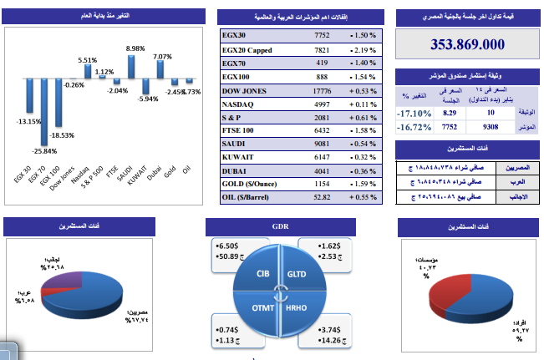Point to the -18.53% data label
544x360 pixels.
click(x=61, y=134)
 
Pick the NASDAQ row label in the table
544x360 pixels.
click(x=242, y=104)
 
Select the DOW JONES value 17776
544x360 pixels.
click(x=322, y=90)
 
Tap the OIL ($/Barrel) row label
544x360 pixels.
click(x=256, y=197)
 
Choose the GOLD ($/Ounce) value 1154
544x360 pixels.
click(x=322, y=184)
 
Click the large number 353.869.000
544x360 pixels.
click(x=467, y=45)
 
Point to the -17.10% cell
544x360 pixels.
click(x=414, y=113)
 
